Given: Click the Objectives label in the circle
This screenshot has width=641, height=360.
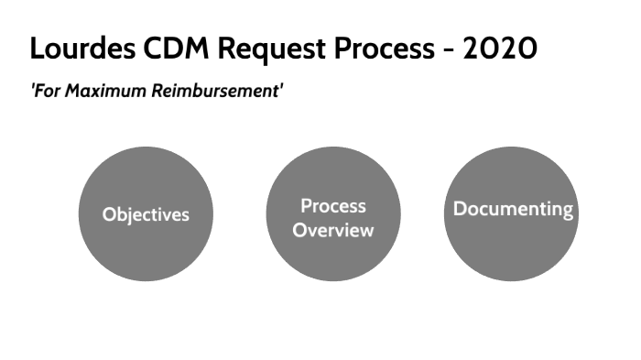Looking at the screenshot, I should (x=146, y=214).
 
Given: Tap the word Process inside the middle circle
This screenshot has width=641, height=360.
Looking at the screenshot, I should (x=332, y=205).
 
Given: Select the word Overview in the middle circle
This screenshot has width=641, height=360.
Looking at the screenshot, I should (x=332, y=229).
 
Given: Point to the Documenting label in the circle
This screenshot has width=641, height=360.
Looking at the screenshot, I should (x=513, y=209).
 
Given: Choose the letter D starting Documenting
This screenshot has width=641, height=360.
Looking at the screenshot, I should (x=460, y=208).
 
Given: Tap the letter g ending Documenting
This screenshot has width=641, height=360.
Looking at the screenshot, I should (x=568, y=211).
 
